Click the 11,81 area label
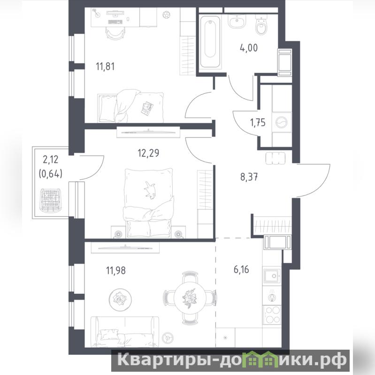[x=105, y=66]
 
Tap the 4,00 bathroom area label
[x=249, y=48]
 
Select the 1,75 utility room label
[x=258, y=122]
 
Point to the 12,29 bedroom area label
[x=148, y=153]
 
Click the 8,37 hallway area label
[x=249, y=177]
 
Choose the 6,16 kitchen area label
[x=241, y=269]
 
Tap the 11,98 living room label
[x=116, y=270]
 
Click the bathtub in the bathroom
[x=210, y=42]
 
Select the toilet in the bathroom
[x=262, y=25]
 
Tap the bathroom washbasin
[x=237, y=21]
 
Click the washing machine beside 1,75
[x=282, y=122]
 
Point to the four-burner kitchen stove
[x=272, y=315]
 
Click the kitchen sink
[x=272, y=276]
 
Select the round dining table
[x=190, y=298]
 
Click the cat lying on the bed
[x=149, y=190]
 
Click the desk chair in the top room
[x=115, y=33]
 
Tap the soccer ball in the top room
[x=166, y=15]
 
